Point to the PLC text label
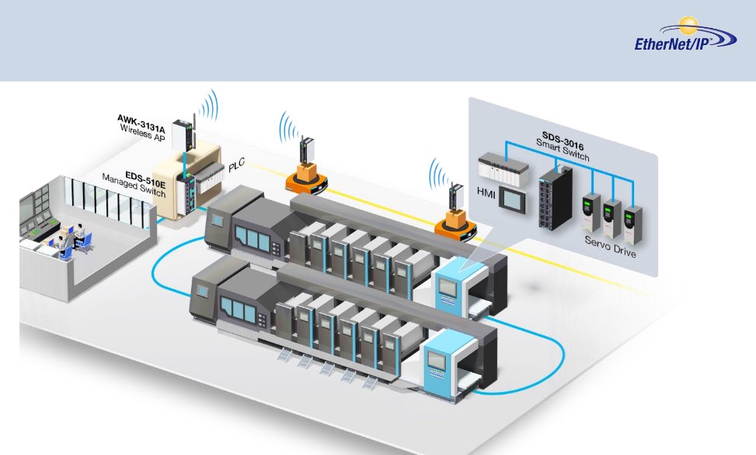237,167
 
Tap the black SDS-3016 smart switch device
555,193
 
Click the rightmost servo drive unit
633,223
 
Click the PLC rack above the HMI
497,165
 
